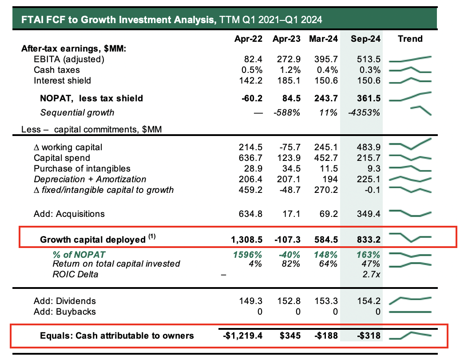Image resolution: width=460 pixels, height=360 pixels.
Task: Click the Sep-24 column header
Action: click(x=365, y=39)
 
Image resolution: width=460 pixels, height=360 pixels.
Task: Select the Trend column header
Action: click(x=410, y=39)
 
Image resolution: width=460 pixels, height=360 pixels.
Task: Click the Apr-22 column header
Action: click(x=249, y=39)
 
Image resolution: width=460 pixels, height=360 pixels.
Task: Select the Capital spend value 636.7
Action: click(x=251, y=158)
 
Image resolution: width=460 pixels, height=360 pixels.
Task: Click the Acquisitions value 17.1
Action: click(x=291, y=214)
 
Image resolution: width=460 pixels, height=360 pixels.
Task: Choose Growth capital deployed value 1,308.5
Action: click(x=246, y=240)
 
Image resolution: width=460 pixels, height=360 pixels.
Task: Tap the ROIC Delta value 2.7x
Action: click(x=371, y=274)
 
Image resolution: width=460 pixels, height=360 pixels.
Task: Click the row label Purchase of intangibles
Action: click(x=82, y=168)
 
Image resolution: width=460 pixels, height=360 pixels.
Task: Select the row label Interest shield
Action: click(x=62, y=80)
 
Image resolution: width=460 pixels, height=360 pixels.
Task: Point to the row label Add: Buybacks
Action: click(x=64, y=312)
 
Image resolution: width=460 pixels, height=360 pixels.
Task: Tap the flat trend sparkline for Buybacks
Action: click(x=410, y=312)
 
